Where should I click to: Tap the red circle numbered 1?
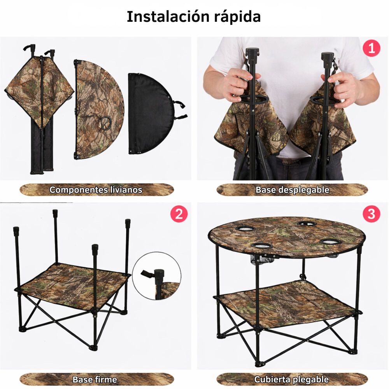pyautogui.click(x=371, y=49)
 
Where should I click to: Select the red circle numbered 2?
pyautogui.click(x=179, y=214)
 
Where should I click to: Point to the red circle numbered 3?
pyautogui.click(x=371, y=214)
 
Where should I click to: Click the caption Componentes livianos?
pyautogui.click(x=96, y=190)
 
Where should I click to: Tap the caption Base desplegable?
pyautogui.click(x=292, y=190)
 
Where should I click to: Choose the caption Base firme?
pyautogui.click(x=95, y=379)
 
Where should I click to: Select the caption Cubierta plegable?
pyautogui.click(x=291, y=379)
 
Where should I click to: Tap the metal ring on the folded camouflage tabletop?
pyautogui.click(x=104, y=124)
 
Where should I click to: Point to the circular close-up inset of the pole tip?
pyautogui.click(x=157, y=275)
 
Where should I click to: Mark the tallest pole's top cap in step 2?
pyautogui.click(x=55, y=213)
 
